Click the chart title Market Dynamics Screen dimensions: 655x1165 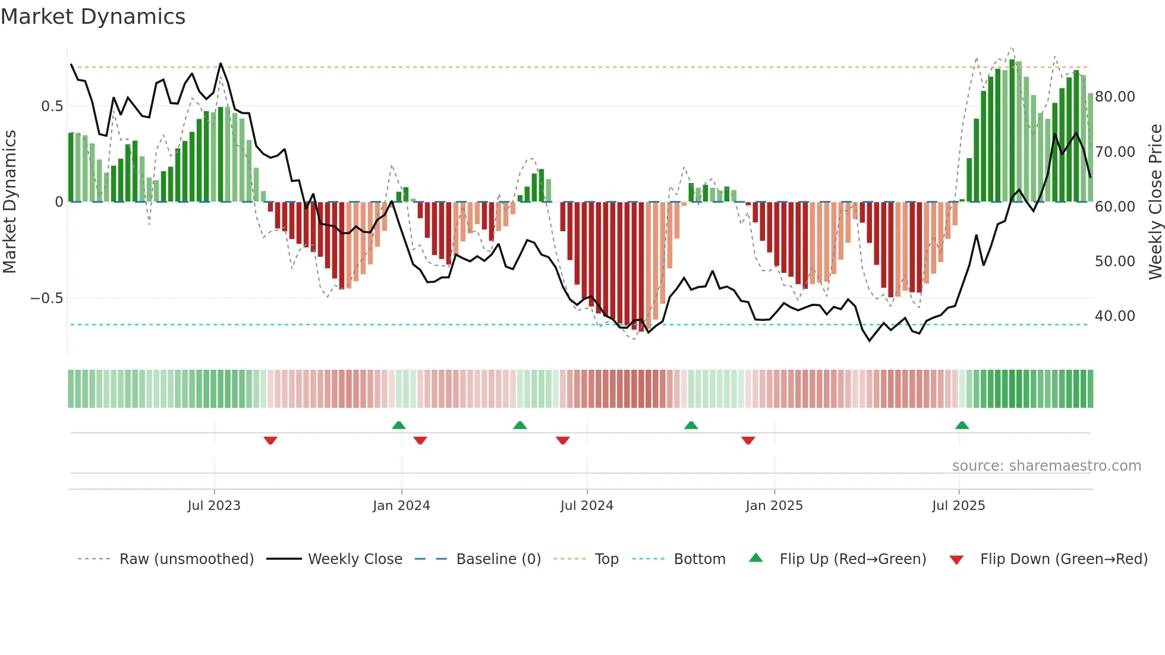[x=93, y=17]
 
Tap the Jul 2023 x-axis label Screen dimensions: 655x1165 [x=214, y=506]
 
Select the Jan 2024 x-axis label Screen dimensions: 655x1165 [x=401, y=506]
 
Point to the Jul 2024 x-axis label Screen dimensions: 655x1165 [x=587, y=506]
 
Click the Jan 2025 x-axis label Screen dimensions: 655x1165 [x=774, y=506]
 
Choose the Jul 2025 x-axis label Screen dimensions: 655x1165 [x=958, y=506]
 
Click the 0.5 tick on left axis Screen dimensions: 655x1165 [x=52, y=106]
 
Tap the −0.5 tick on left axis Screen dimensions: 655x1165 [x=47, y=298]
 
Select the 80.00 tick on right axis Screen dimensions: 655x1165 [x=1115, y=97]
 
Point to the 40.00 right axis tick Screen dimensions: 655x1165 [x=1115, y=316]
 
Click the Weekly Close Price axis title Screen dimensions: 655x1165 [x=1155, y=202]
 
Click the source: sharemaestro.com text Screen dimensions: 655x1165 [x=1046, y=466]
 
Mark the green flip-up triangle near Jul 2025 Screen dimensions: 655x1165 [x=962, y=425]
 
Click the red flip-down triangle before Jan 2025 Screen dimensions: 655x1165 [x=748, y=440]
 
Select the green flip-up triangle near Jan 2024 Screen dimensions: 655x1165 [x=399, y=425]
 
